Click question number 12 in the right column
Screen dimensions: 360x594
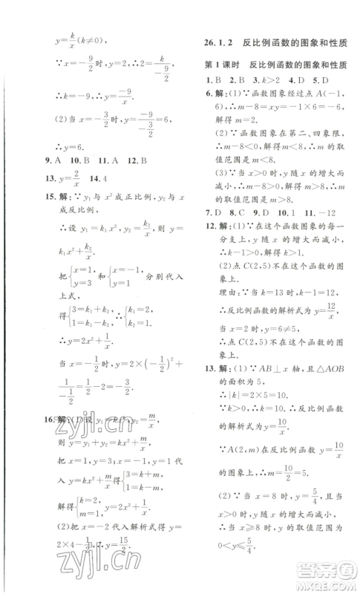point(212,224)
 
